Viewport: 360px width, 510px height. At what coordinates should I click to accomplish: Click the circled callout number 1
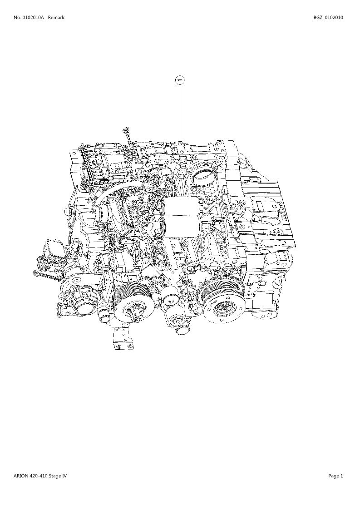click(x=180, y=79)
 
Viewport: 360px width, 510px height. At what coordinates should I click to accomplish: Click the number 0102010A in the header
click(x=33, y=18)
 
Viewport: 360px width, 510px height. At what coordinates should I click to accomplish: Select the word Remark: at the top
click(x=57, y=18)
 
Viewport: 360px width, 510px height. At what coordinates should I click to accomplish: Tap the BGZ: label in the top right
click(x=318, y=18)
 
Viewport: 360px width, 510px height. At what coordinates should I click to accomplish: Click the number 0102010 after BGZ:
click(x=334, y=18)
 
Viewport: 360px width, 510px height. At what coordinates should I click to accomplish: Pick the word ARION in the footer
click(x=20, y=476)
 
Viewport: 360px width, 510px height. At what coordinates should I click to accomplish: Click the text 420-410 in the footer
click(x=39, y=476)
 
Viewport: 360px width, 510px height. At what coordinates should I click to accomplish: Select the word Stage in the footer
click(x=55, y=476)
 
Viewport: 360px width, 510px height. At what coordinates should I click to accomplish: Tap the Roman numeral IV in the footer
click(x=65, y=476)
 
